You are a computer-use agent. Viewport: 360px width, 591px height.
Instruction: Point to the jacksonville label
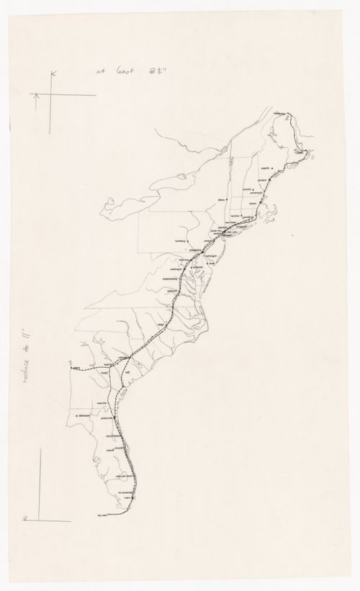pos(109,415)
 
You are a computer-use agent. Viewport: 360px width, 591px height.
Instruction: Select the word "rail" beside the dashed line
pos(127,375)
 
